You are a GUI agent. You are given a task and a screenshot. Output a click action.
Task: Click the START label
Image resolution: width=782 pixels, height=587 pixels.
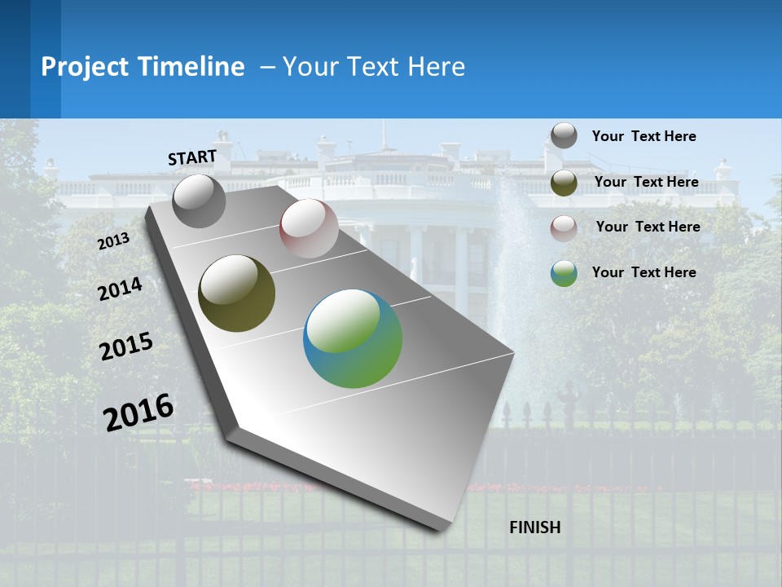tap(192, 157)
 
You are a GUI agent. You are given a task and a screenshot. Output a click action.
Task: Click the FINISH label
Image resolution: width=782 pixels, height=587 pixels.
tap(535, 527)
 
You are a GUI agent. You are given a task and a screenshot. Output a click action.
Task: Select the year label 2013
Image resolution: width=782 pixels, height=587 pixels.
tap(113, 241)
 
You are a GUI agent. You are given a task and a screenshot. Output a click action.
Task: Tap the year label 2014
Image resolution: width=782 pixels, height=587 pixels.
tap(121, 289)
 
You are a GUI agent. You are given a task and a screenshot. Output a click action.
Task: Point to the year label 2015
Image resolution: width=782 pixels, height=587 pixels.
tap(126, 346)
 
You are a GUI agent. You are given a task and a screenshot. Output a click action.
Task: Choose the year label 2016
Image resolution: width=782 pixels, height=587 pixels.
tap(138, 412)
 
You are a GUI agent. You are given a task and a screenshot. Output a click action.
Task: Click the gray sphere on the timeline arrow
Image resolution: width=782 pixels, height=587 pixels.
tap(199, 201)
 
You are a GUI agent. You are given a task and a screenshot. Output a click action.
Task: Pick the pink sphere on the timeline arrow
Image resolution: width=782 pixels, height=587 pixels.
tap(309, 228)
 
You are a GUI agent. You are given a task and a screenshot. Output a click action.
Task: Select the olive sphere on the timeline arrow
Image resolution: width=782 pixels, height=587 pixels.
tap(236, 293)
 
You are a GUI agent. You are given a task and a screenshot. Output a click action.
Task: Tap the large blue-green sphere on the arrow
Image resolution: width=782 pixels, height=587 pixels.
tap(353, 338)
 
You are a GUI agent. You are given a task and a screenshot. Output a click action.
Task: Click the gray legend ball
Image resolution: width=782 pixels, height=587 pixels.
tap(564, 135)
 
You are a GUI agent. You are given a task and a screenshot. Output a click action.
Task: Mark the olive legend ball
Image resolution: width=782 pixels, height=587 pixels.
tap(564, 182)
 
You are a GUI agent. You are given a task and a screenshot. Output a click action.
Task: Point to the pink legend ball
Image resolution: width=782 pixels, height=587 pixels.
tap(564, 227)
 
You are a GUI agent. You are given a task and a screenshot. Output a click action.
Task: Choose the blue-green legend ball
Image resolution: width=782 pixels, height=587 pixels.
tap(564, 273)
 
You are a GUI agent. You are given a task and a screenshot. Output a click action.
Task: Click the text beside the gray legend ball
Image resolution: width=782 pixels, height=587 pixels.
tap(644, 136)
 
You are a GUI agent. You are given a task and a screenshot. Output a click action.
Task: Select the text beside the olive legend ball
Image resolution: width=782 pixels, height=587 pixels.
tap(646, 182)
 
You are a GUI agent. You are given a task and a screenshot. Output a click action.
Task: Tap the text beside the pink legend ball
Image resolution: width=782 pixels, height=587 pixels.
tap(648, 227)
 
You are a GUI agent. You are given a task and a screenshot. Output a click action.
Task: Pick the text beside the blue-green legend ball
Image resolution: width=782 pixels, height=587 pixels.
tap(644, 272)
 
